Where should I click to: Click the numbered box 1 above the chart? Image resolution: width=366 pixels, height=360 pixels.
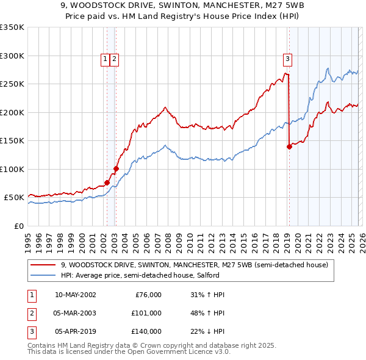[x=106, y=59]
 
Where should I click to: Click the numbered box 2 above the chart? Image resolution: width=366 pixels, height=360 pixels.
[x=114, y=59]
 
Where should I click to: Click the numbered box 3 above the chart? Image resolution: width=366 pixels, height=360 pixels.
[x=287, y=59]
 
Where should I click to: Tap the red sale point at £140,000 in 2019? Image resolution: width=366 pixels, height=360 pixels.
[x=289, y=146]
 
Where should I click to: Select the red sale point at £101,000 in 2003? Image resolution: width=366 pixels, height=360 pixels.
[x=116, y=168]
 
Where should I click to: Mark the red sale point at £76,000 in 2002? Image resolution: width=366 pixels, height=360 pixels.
[x=107, y=182]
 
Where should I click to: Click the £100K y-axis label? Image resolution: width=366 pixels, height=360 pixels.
[x=12, y=169]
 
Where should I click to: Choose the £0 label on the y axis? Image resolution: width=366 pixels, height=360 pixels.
[x=18, y=226]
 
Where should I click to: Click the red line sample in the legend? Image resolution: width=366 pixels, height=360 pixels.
[x=43, y=265]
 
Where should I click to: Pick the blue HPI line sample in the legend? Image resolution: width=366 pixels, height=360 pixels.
[x=43, y=276]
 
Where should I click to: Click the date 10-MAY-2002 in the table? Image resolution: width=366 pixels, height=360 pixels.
[x=75, y=295]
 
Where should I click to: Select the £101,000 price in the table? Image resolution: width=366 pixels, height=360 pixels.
[x=146, y=313]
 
